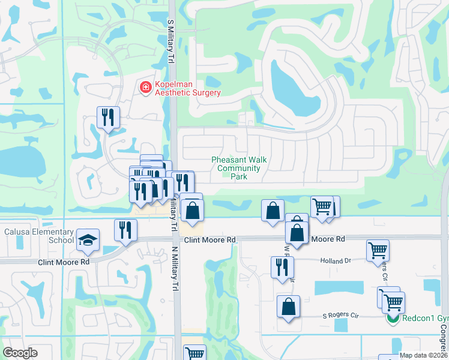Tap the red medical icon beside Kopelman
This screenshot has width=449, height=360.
[145, 88]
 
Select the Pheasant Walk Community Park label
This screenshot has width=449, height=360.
[239, 168]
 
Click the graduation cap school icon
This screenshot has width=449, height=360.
[88, 240]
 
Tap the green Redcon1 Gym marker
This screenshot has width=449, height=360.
[393, 319]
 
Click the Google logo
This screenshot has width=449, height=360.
[20, 353]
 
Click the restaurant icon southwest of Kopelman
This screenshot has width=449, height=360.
[109, 117]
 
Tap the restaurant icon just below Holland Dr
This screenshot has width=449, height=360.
[282, 267]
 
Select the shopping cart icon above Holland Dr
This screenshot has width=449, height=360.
[378, 250]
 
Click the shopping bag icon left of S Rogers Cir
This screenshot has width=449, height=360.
[289, 306]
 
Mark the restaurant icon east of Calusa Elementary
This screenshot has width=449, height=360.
[126, 230]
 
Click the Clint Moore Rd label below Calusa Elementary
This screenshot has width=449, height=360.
[64, 262]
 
